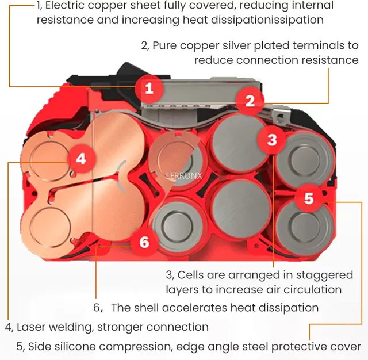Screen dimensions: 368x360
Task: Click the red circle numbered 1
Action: click(x=149, y=89)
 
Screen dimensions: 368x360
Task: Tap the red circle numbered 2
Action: click(x=250, y=101)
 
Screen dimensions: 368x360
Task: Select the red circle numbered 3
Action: click(x=272, y=140)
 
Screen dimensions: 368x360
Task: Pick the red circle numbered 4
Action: click(x=81, y=159)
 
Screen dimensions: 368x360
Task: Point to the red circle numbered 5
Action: click(x=309, y=198)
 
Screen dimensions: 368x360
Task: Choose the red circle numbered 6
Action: click(x=144, y=242)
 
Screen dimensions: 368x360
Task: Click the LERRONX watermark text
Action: click(x=184, y=175)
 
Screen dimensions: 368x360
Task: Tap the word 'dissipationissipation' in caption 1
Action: click(x=267, y=20)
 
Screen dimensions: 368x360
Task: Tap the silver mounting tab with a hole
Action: click(x=280, y=115)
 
